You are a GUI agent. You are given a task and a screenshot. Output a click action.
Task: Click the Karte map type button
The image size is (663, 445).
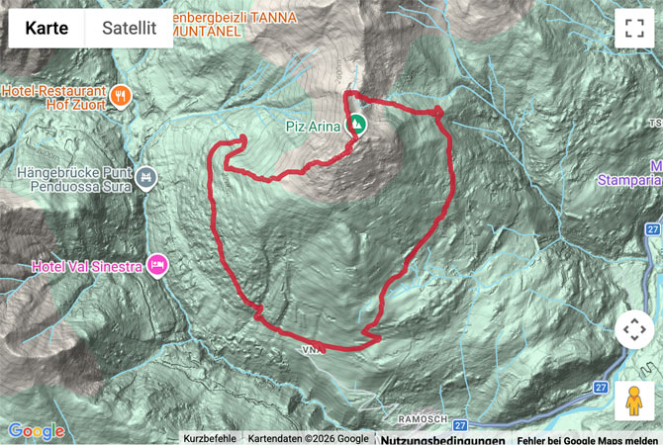pyautogui.click(x=47, y=28)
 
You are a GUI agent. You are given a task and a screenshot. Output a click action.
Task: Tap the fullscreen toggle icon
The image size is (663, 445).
pyautogui.click(x=634, y=29)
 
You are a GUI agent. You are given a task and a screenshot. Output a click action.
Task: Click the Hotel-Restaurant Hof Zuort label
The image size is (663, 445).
pyautogui.click(x=54, y=94)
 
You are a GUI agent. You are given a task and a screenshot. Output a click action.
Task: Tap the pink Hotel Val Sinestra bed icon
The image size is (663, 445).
pyautogui.click(x=157, y=265)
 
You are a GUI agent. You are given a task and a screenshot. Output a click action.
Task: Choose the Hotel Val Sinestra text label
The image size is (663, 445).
pyautogui.click(x=87, y=266)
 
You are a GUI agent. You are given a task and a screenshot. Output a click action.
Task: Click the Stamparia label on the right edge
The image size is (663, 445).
pyautogui.click(x=630, y=180)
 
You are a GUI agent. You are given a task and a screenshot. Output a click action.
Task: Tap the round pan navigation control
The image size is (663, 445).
pyautogui.click(x=634, y=330)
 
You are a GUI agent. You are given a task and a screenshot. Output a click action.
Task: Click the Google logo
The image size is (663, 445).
pyautogui.click(x=36, y=431)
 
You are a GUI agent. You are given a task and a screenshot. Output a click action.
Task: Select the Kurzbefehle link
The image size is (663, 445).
pyautogui.click(x=210, y=438)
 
